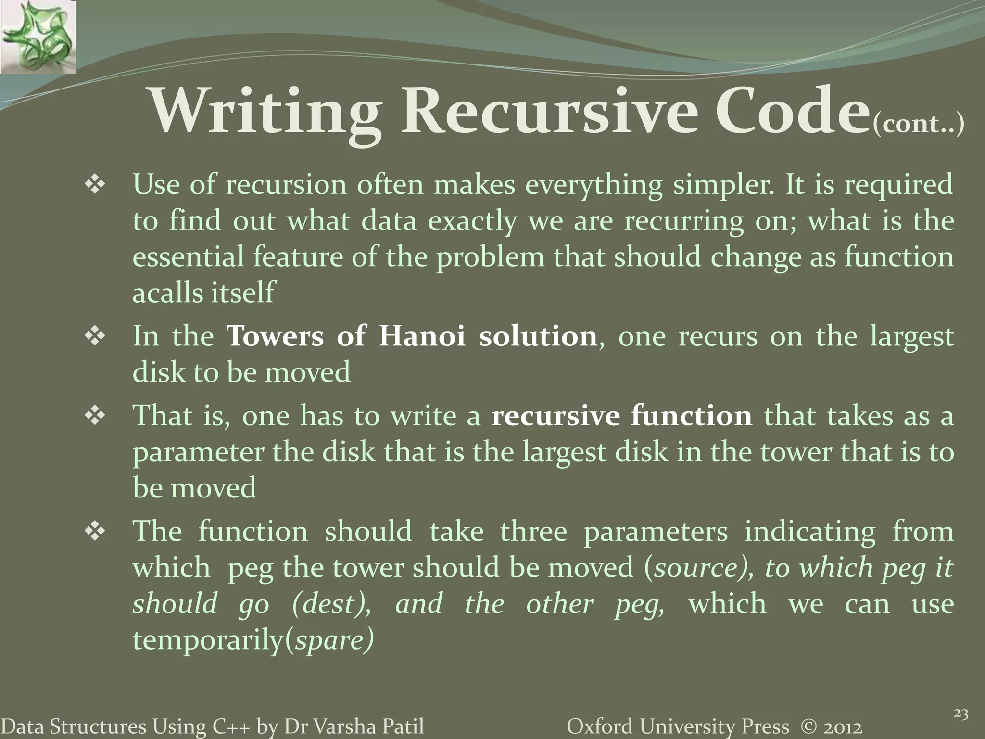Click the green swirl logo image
click(x=38, y=37)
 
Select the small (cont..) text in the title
click(x=918, y=125)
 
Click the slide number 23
click(x=960, y=714)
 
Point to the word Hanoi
click(x=422, y=336)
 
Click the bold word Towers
click(x=275, y=336)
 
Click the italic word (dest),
click(x=331, y=604)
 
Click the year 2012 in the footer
click(x=842, y=726)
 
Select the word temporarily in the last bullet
click(x=208, y=640)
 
